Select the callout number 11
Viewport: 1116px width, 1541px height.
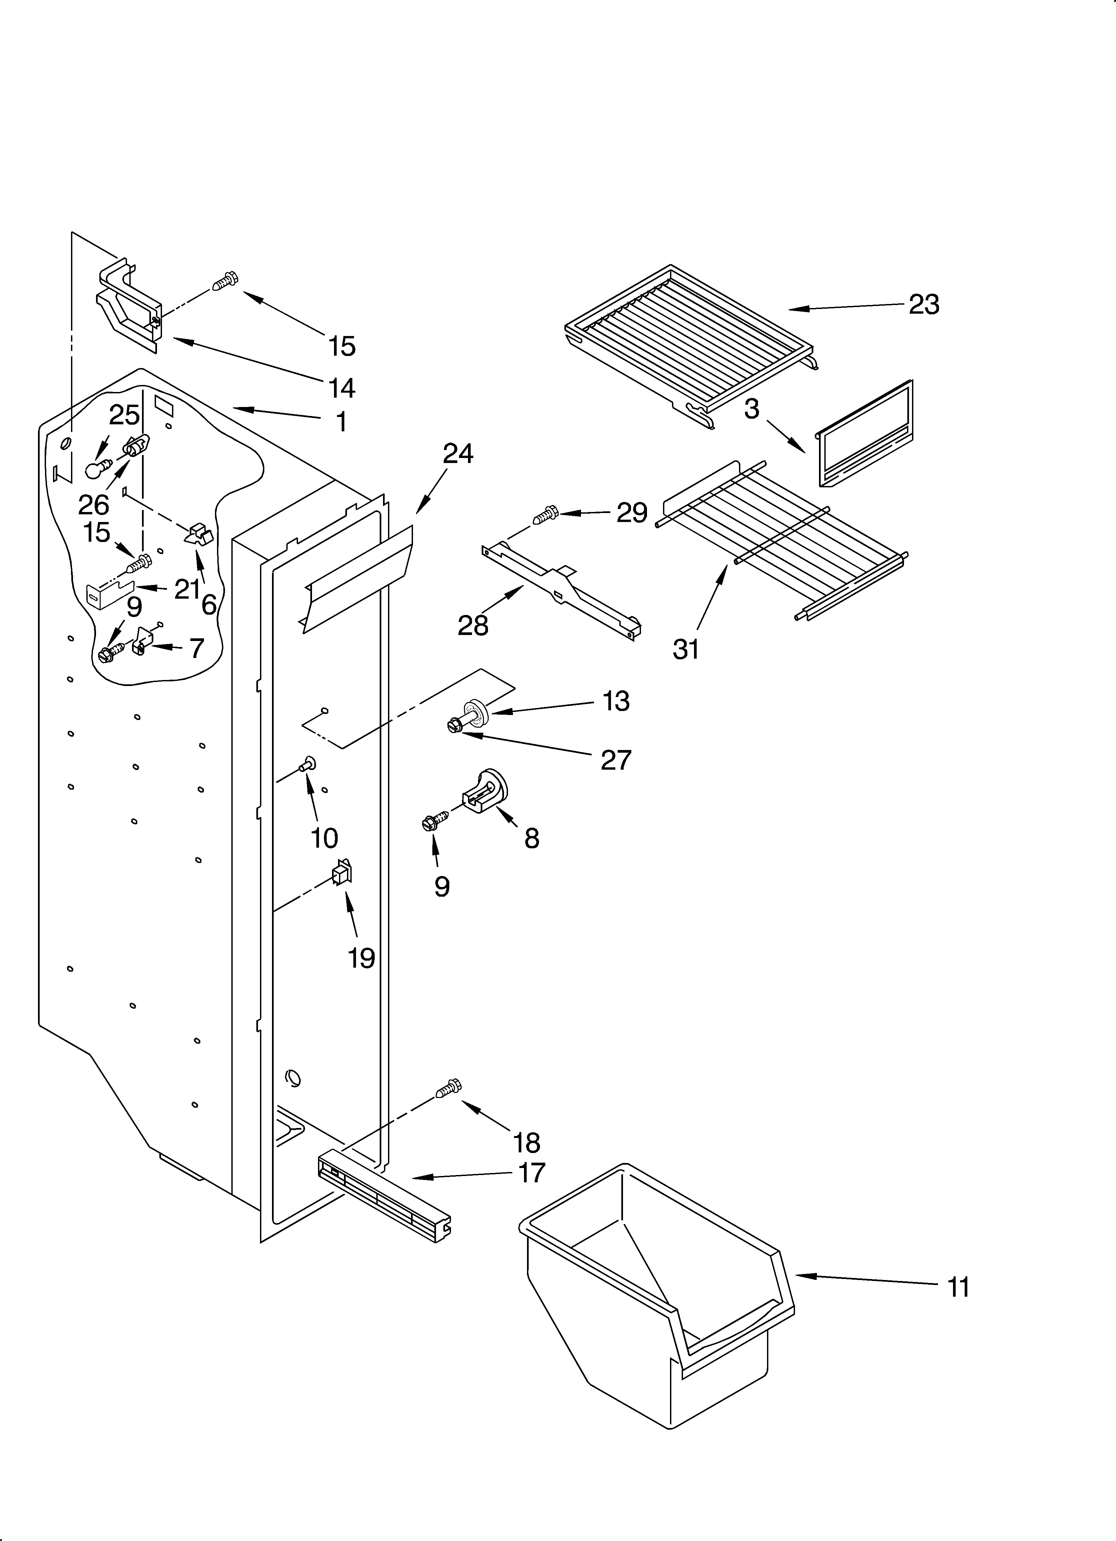pyautogui.click(x=958, y=1287)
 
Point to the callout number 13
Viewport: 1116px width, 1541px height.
pyautogui.click(x=616, y=701)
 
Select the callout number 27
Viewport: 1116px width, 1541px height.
pyautogui.click(x=616, y=760)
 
